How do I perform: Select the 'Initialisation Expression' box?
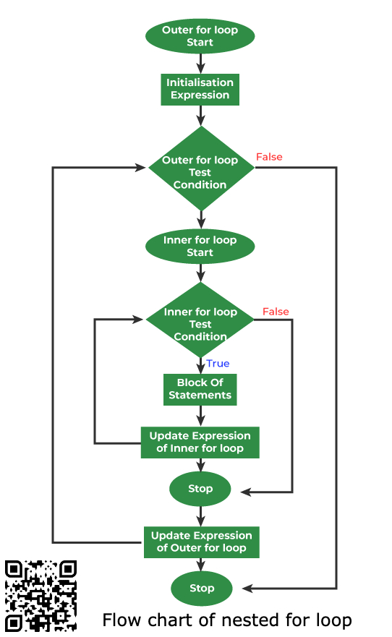point(200,89)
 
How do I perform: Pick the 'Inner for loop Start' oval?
point(200,247)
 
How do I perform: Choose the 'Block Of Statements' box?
point(200,389)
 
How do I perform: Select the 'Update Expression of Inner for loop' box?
point(200,442)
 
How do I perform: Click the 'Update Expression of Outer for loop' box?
point(201,542)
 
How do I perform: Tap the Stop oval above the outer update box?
point(200,489)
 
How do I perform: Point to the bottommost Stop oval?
point(202,588)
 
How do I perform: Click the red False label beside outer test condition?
point(269,157)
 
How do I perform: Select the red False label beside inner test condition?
point(276,312)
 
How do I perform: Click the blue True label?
point(218,364)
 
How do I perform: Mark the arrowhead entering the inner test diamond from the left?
point(140,319)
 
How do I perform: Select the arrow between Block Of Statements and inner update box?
point(200,416)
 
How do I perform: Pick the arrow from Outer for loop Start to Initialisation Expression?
point(200,64)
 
